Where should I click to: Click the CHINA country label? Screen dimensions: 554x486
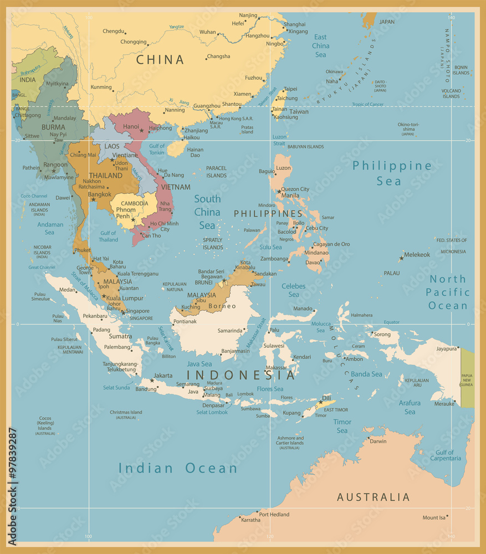click(160, 59)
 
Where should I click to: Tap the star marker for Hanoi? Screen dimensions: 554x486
click(142, 130)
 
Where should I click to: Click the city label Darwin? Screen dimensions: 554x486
click(378, 442)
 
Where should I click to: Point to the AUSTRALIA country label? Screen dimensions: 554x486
click(374, 497)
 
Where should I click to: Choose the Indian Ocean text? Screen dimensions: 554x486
click(178, 468)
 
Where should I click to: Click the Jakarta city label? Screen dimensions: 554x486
click(163, 375)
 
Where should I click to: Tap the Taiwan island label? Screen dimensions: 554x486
click(299, 111)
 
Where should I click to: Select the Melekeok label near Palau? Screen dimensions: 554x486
click(417, 255)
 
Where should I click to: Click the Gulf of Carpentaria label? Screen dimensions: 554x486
click(444, 455)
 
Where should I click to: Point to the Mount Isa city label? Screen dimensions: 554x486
click(434, 517)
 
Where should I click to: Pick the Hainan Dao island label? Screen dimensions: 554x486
click(195, 152)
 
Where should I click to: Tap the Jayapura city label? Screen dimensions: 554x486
click(446, 349)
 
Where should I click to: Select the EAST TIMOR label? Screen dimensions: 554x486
click(336, 409)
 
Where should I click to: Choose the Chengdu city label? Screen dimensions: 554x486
click(114, 31)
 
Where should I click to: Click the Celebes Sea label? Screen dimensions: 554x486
click(293, 290)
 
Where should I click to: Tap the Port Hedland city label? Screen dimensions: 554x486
click(274, 514)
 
